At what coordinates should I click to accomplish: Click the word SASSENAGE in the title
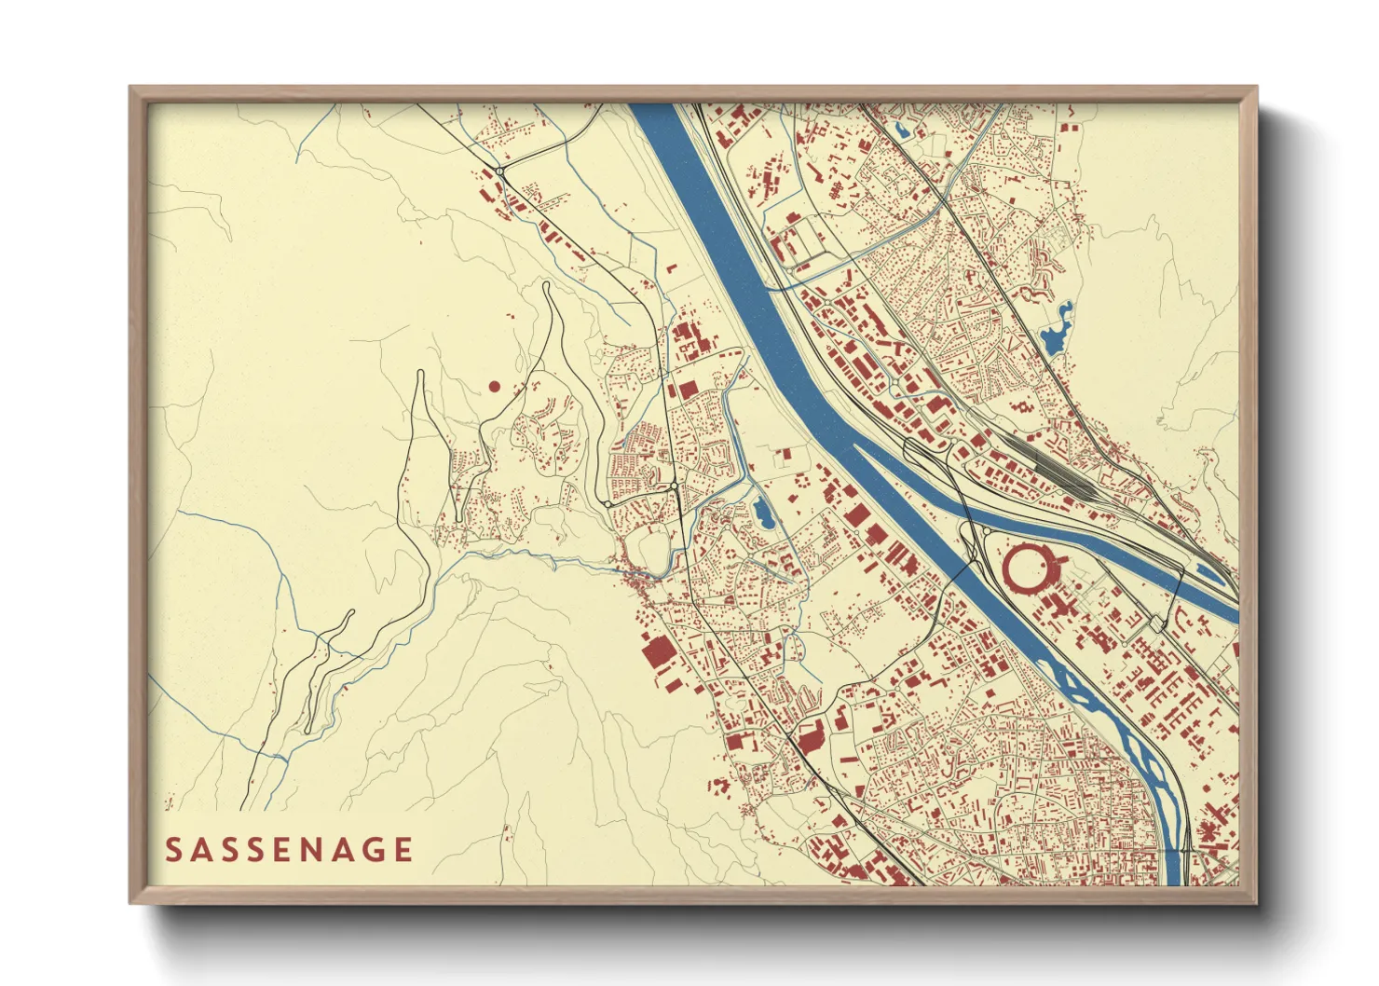[289, 850]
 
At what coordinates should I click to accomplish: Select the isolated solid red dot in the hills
[494, 386]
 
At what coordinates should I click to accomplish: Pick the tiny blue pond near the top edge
[902, 130]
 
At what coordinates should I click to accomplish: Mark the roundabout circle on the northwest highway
[500, 171]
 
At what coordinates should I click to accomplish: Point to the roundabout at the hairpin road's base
[607, 504]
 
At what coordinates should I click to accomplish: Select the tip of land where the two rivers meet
[855, 445]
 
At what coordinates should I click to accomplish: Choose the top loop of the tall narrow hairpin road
[546, 287]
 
